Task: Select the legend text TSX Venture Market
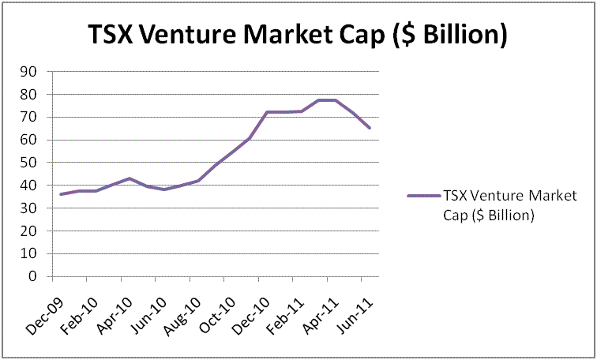tap(510, 195)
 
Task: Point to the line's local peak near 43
tap(130, 178)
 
